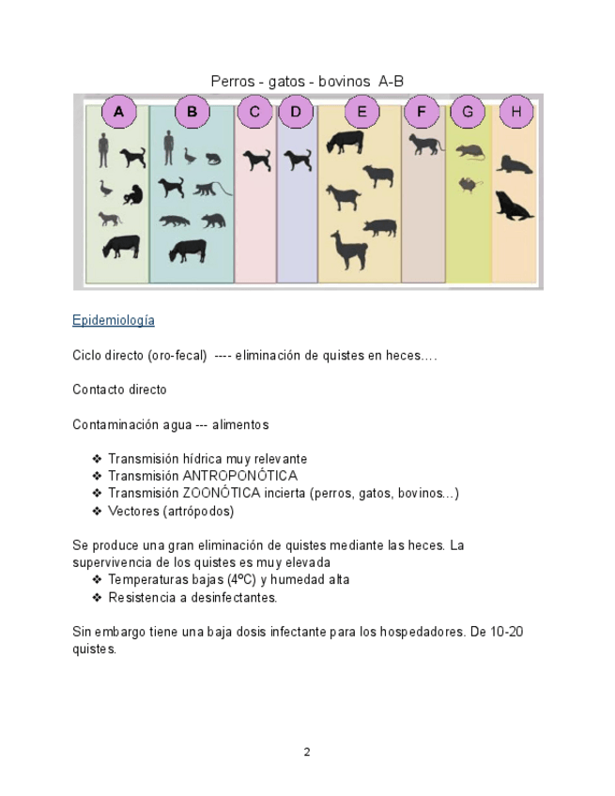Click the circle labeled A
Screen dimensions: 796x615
(x=118, y=113)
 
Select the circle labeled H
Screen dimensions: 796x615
(x=515, y=113)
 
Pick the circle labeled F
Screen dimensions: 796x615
(x=421, y=113)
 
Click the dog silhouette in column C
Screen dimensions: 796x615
(x=256, y=161)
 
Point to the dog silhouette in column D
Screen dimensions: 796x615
(x=298, y=161)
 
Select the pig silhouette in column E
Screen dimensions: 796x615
(x=379, y=226)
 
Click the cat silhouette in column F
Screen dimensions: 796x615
(x=425, y=144)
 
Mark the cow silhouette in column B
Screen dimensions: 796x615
(x=188, y=251)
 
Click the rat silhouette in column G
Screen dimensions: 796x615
(x=469, y=151)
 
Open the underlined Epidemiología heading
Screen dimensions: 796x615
(x=113, y=321)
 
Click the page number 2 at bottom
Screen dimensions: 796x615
(x=307, y=752)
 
